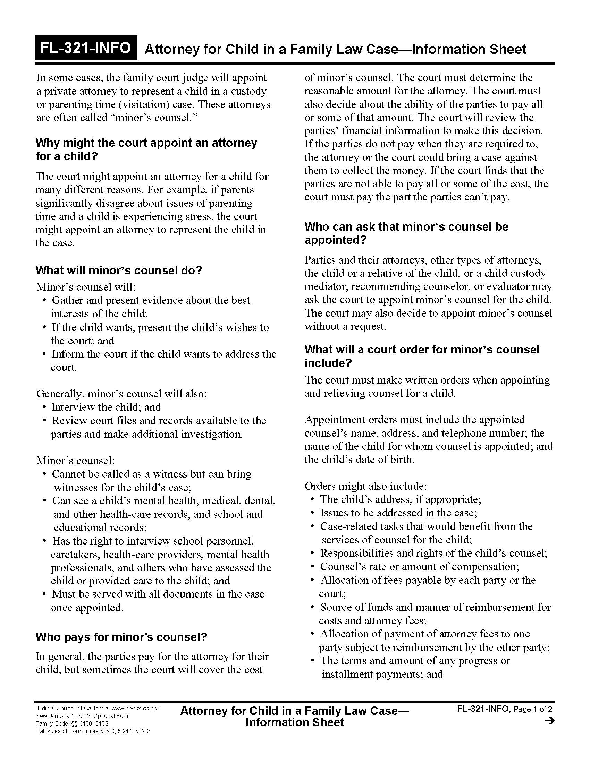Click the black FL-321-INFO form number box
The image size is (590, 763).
click(x=85, y=48)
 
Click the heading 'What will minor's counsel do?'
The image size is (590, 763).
click(x=119, y=271)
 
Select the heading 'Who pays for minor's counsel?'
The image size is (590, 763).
click(x=121, y=637)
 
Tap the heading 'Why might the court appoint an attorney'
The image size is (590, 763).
click(x=146, y=143)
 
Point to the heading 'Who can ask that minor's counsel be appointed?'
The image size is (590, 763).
click(x=406, y=233)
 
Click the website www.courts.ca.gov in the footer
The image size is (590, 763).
click(x=135, y=709)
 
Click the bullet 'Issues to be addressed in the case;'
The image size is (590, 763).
click(x=398, y=513)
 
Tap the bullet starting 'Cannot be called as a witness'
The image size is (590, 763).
click(x=151, y=474)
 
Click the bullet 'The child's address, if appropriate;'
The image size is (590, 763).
click(x=400, y=499)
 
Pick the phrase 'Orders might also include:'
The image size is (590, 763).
click(x=365, y=486)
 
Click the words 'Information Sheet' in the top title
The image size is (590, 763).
click(x=469, y=49)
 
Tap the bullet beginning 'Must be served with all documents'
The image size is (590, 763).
click(x=158, y=594)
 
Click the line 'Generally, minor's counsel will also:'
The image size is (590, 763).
click(x=121, y=394)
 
